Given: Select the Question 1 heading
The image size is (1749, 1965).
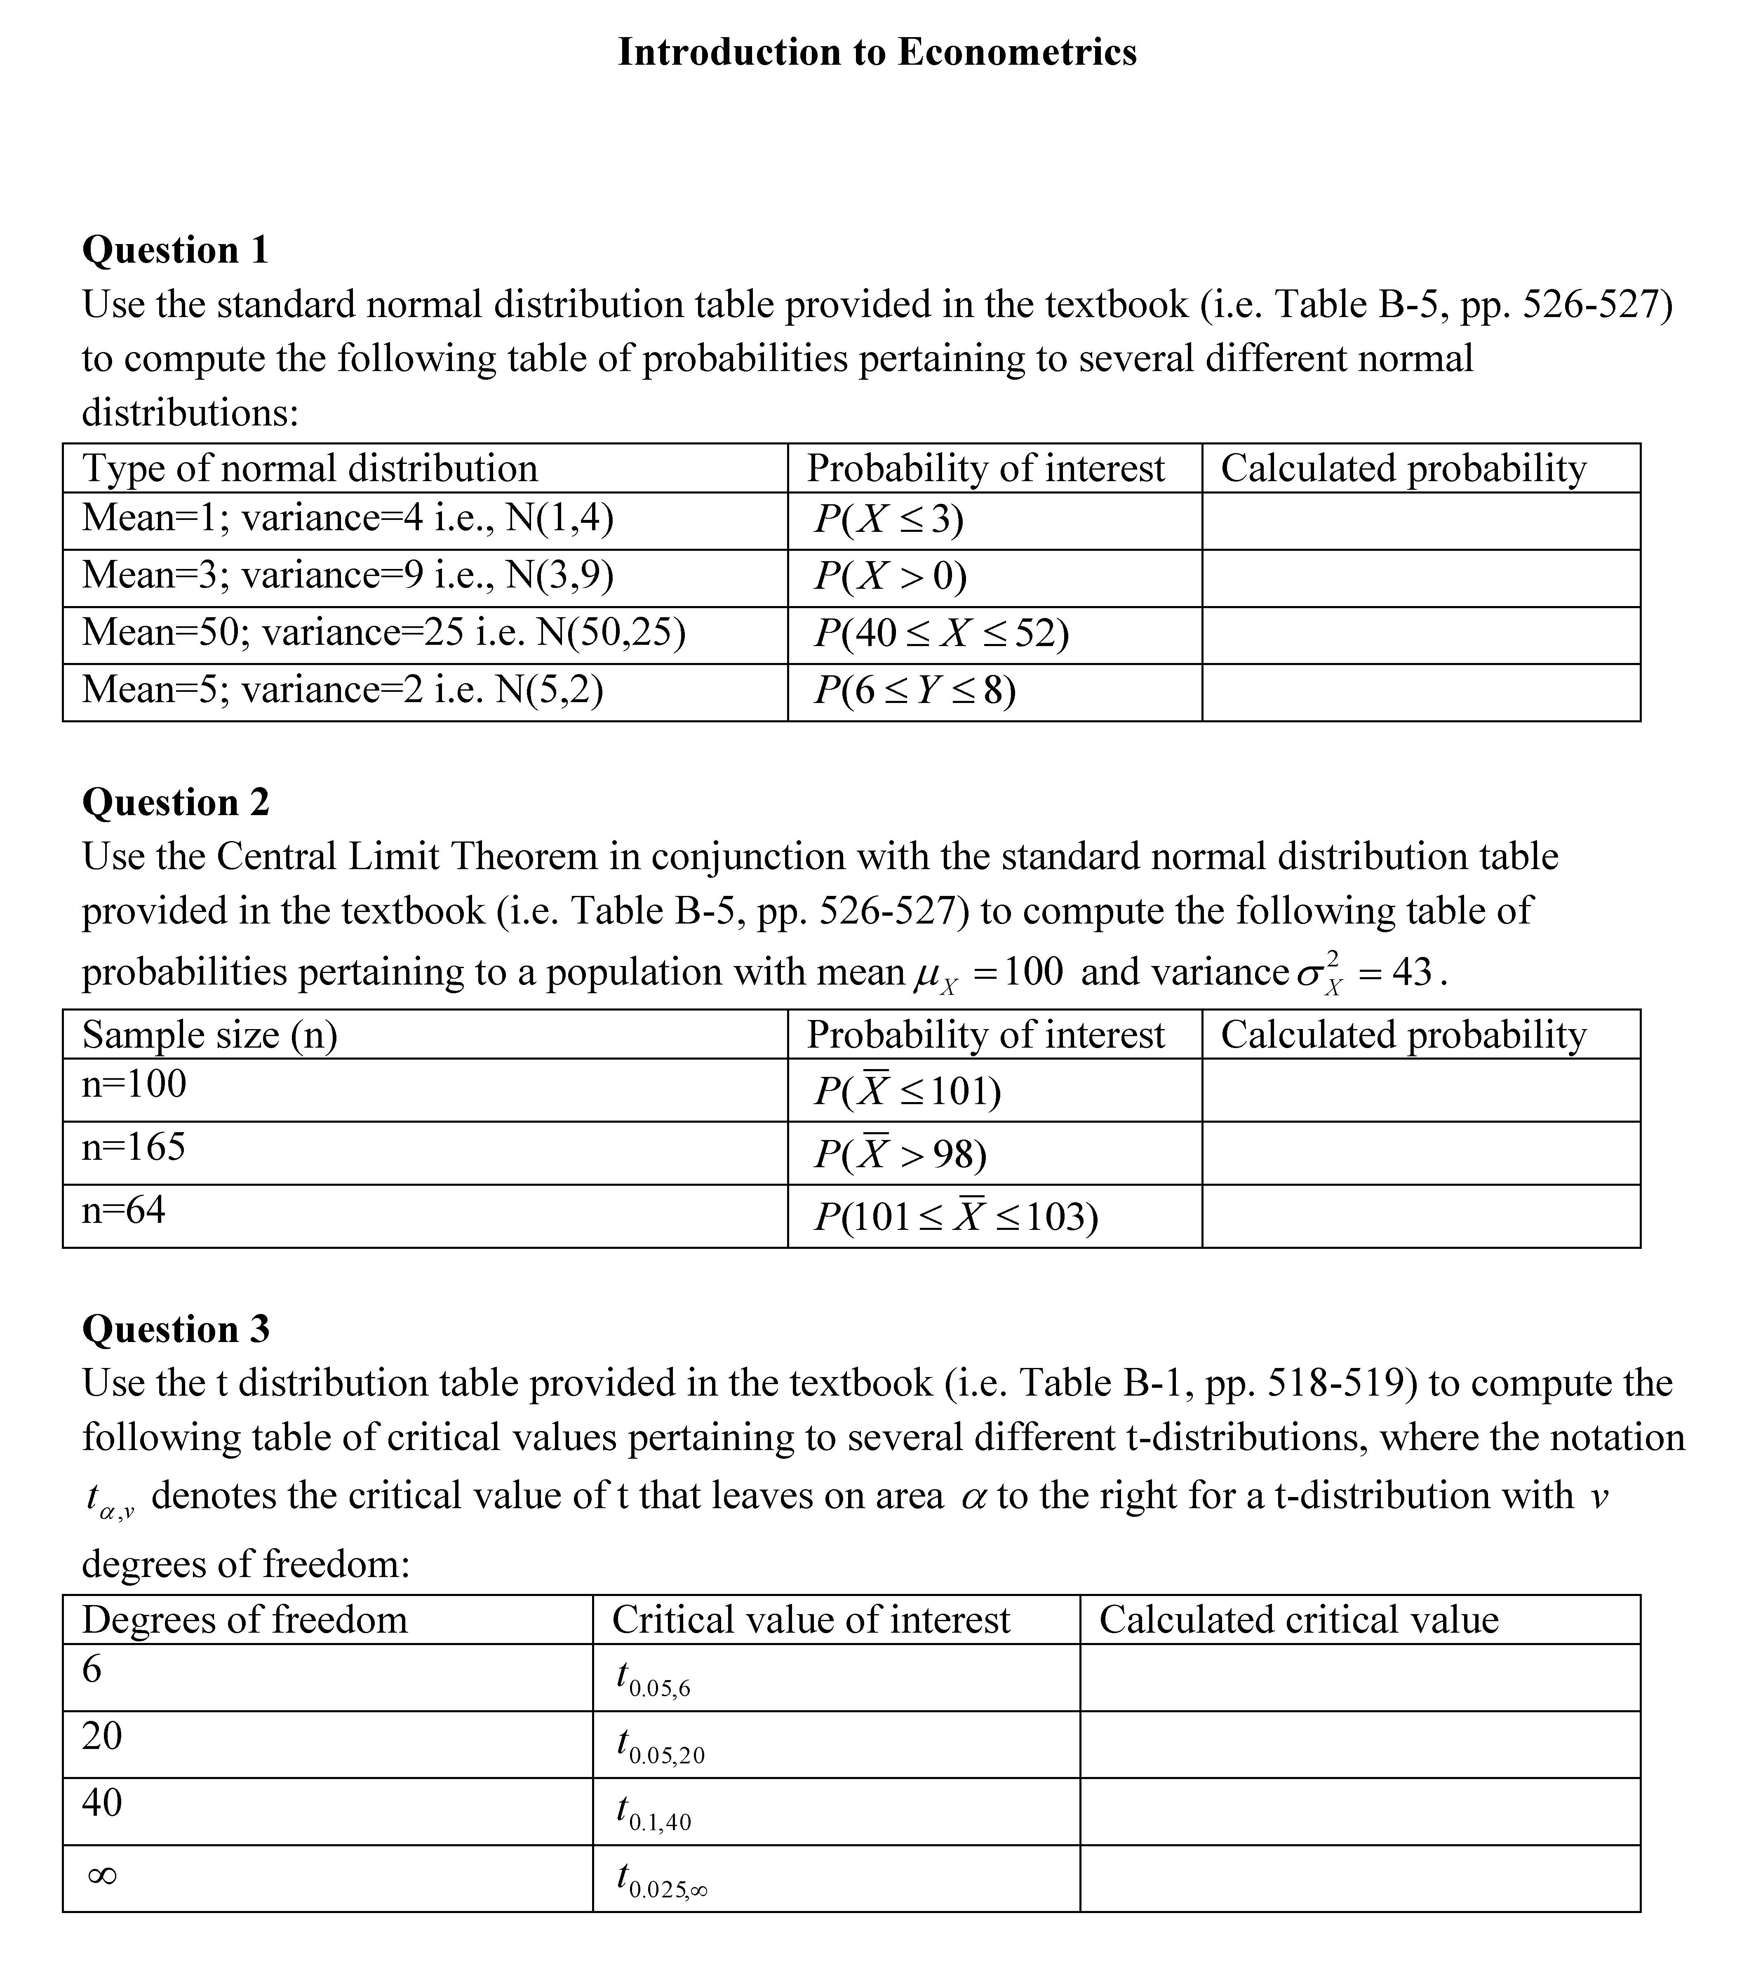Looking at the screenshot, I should pyautogui.click(x=175, y=250).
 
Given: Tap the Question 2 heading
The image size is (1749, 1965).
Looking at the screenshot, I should pyautogui.click(x=175, y=802).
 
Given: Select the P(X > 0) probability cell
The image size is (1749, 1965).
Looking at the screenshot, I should pyautogui.click(x=890, y=576).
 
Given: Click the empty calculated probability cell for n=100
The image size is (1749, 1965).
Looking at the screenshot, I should pyautogui.click(x=1420, y=1090).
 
